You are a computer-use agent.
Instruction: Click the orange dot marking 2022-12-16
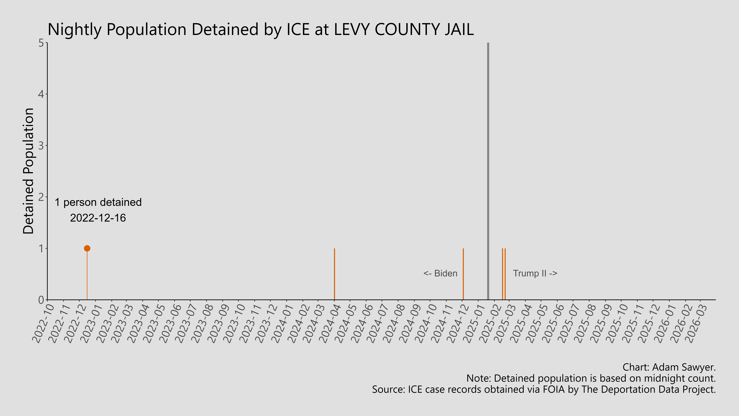[87, 248]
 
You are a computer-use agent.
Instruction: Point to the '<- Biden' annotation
[440, 273]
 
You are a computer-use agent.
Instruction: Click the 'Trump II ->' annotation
[535, 273]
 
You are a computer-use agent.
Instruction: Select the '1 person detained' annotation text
[98, 202]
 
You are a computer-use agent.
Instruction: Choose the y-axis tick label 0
[41, 300]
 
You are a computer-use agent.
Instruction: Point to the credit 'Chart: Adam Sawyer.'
[669, 367]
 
